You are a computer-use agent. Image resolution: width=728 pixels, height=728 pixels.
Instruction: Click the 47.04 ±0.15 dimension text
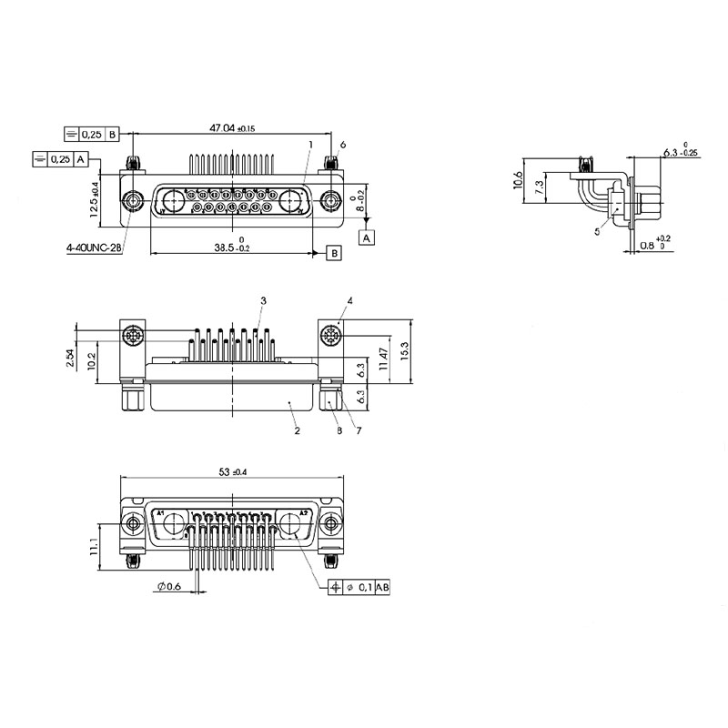233,129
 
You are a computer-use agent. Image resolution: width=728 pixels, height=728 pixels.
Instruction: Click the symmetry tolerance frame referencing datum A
60,159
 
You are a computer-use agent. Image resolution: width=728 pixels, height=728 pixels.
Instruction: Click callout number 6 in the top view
343,145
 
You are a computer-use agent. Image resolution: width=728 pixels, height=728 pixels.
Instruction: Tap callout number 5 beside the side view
597,232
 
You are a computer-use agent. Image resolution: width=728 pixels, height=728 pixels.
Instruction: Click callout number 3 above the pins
262,300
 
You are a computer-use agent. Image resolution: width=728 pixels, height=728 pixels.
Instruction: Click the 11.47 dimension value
384,358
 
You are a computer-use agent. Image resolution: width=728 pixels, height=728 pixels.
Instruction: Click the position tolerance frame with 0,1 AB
360,588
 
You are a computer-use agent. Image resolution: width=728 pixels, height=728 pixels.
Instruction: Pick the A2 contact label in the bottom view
304,513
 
